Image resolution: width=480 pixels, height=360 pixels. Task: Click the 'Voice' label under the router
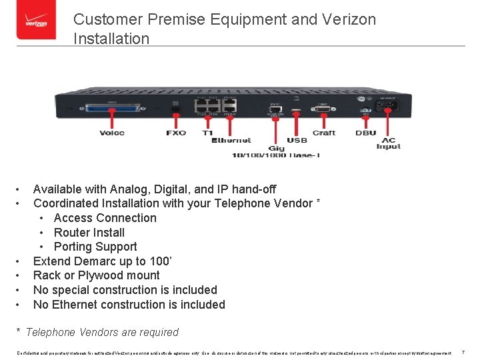pos(112,133)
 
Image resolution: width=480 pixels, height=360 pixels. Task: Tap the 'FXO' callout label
pos(176,133)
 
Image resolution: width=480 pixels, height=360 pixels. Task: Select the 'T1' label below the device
pos(207,133)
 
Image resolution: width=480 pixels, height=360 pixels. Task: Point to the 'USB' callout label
pos(297,141)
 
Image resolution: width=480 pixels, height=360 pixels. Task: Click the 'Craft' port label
pos(324,133)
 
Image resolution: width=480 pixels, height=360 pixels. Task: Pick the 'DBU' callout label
pos(365,133)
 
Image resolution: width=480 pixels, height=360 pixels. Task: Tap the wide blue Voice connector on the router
pos(112,108)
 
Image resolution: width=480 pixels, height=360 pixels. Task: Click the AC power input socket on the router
pos(388,105)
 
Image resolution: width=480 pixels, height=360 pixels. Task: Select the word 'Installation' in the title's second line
pos(111,39)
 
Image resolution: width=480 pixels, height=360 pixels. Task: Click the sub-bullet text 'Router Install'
pos(89,232)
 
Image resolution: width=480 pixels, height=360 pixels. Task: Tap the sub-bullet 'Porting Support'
pos(95,247)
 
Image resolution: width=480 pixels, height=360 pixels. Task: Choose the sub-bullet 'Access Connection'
pos(105,218)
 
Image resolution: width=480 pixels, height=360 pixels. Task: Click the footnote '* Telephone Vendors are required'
pos(97,332)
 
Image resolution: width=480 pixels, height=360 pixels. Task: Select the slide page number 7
pos(463,351)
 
